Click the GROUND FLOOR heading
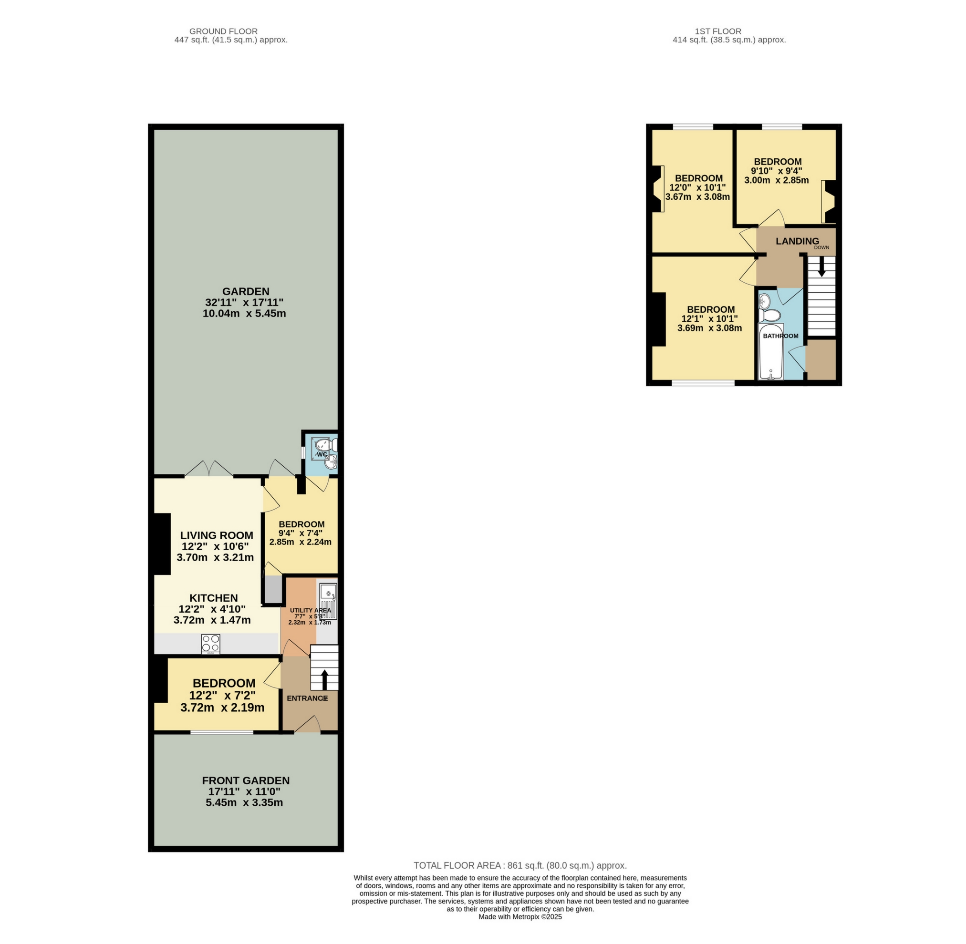coord(223,31)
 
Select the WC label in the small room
coord(322,454)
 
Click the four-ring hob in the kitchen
coord(210,644)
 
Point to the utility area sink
coord(328,593)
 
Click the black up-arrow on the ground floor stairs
coord(324,679)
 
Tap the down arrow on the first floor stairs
coord(821,267)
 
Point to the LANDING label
coord(797,241)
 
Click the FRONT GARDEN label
coord(246,780)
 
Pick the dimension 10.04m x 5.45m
coord(244,313)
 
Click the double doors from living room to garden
coord(209,469)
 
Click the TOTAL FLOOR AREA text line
coord(520,866)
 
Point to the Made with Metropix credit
coord(520,917)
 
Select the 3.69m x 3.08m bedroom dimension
coord(709,328)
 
